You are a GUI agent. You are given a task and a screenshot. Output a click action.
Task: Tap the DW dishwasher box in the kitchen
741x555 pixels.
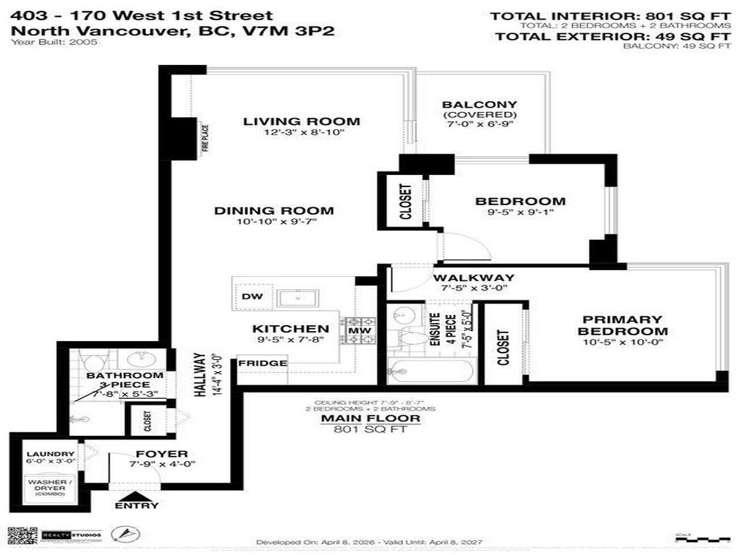(253, 297)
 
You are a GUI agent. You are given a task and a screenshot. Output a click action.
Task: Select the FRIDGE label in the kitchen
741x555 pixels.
(263, 363)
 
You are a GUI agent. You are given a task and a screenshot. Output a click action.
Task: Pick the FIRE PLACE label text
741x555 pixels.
(205, 138)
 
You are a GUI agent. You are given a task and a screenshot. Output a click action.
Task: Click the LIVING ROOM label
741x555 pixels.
(301, 121)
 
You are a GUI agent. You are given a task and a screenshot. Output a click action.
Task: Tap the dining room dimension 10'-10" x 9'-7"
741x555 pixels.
(274, 222)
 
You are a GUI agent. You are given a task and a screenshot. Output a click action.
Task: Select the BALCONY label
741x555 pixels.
(480, 105)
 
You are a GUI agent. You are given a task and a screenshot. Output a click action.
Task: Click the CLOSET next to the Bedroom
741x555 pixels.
(405, 202)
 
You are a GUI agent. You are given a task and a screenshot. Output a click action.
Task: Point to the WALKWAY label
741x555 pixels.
(474, 277)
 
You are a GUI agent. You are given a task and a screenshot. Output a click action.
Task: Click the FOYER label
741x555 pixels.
(151, 454)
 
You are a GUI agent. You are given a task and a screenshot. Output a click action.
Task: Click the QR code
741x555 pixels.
(22, 535)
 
